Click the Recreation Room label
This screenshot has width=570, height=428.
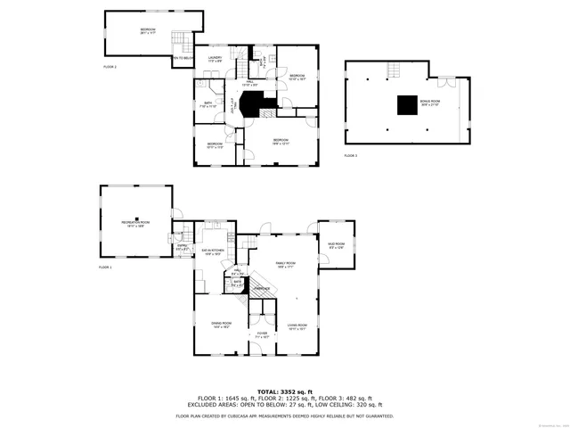point(135,223)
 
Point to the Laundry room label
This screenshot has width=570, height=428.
point(215,60)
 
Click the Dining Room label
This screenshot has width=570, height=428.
point(221,325)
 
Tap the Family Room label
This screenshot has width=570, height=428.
point(285,265)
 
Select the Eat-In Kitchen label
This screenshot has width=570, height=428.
point(212,253)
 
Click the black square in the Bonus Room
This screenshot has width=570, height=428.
point(409,102)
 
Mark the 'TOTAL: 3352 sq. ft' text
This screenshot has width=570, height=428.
point(284,391)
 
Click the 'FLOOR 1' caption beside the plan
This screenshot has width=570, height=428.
point(105,267)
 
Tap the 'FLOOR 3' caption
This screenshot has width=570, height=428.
point(350,156)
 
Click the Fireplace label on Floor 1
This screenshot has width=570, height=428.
point(262,288)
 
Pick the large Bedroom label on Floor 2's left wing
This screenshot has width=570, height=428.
point(147,31)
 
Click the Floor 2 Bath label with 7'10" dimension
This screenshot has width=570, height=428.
point(208,104)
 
